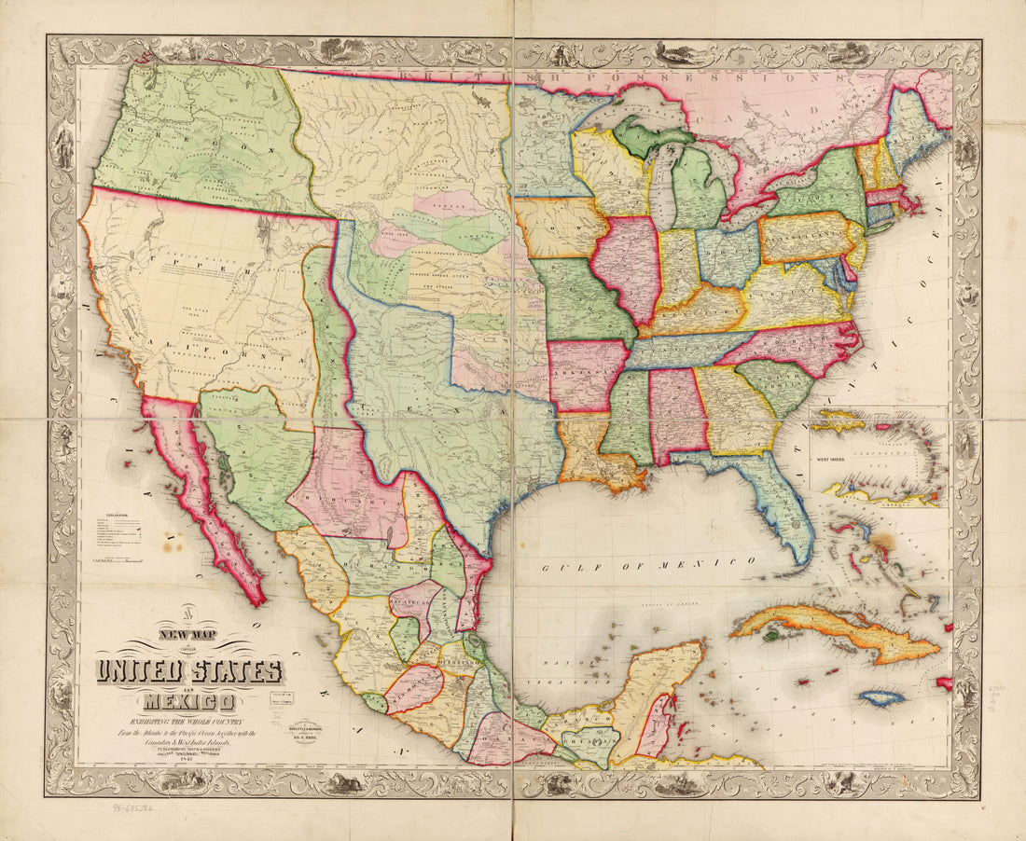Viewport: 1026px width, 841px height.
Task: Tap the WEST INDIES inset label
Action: point(839,460)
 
